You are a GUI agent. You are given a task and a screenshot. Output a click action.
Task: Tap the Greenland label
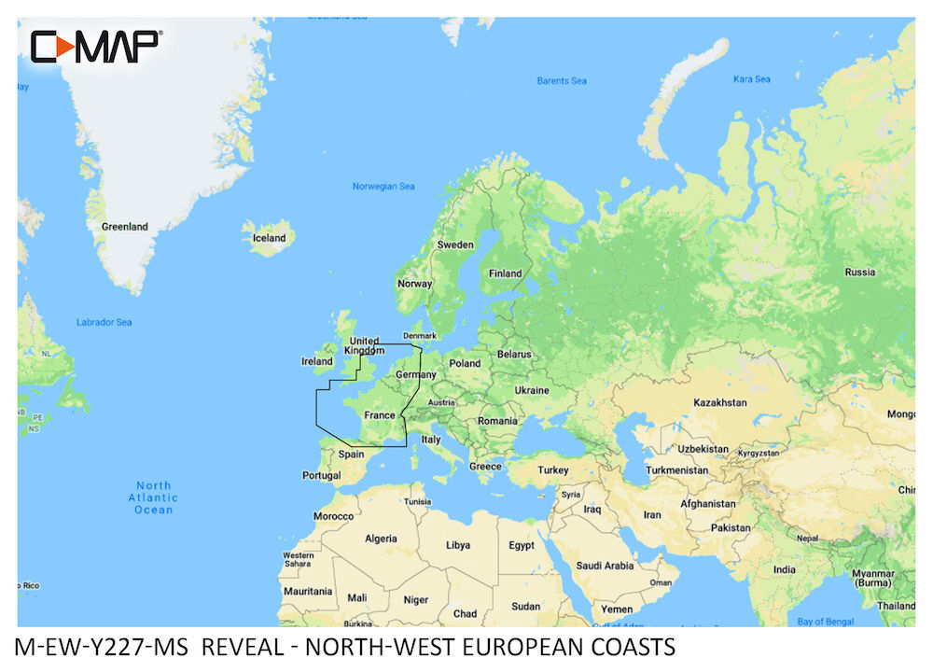pyautogui.click(x=125, y=227)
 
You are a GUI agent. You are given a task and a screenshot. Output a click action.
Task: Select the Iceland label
pyautogui.click(x=270, y=238)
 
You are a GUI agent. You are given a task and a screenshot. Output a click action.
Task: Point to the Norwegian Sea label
pyautogui.click(x=383, y=187)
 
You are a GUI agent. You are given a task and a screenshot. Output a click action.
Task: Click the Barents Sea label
pyautogui.click(x=562, y=81)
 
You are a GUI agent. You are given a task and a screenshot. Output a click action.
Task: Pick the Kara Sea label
pyautogui.click(x=752, y=79)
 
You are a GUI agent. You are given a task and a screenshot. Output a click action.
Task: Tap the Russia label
pyautogui.click(x=859, y=273)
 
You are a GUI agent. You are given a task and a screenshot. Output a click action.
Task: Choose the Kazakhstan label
pyautogui.click(x=719, y=402)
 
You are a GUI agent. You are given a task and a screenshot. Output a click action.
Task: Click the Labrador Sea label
pyautogui.click(x=104, y=323)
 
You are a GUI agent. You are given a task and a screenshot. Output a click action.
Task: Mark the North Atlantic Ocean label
pyautogui.click(x=154, y=497)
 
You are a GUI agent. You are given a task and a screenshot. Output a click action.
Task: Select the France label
pyautogui.click(x=380, y=415)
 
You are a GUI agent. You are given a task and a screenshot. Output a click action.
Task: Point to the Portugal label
pyautogui.click(x=322, y=475)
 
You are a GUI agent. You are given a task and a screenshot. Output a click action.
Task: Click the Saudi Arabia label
pyautogui.click(x=605, y=566)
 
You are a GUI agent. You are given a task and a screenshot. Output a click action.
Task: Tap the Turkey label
pyautogui.click(x=552, y=469)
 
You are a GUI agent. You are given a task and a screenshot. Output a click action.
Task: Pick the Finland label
pyautogui.click(x=507, y=273)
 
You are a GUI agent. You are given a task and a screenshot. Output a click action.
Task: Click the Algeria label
pyautogui.click(x=381, y=539)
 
